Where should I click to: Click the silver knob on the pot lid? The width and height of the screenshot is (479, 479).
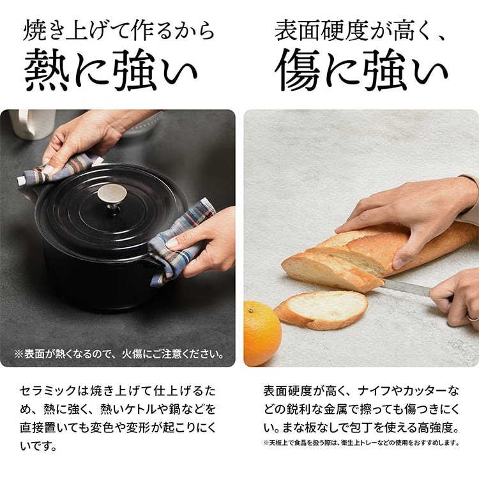pos(112,195)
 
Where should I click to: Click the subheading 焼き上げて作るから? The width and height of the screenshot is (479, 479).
pos(118,31)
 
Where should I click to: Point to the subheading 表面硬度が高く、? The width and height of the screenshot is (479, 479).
pos(361,31)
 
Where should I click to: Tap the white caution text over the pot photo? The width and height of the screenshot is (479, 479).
pos(119,353)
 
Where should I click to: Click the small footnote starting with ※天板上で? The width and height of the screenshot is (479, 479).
pos(361,443)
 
